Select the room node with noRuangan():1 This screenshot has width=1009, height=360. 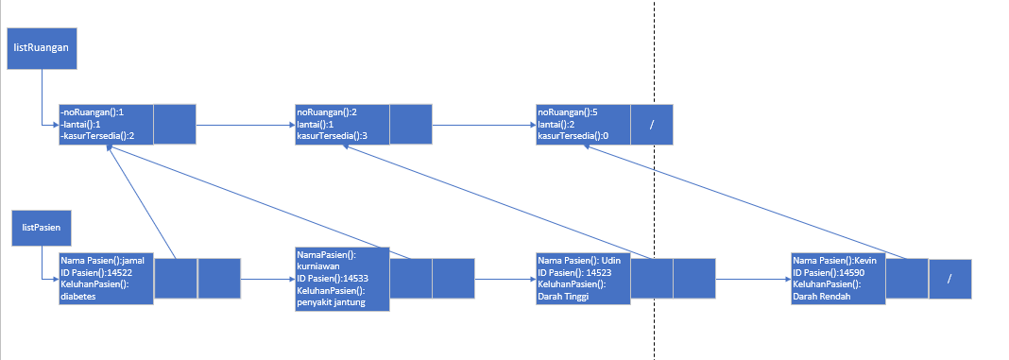point(106,124)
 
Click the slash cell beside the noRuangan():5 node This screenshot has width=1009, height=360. point(651,124)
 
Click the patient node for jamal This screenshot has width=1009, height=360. point(106,278)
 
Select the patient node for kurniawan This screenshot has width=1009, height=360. point(341,278)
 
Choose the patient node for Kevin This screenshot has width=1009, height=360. point(837,278)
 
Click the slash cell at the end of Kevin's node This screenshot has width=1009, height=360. point(949,278)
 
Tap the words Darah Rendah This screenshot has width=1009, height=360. point(822,296)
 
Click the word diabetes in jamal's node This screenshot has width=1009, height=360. point(78,296)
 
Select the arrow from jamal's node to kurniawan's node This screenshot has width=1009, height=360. point(268,280)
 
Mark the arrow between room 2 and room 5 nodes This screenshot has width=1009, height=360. point(483,124)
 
